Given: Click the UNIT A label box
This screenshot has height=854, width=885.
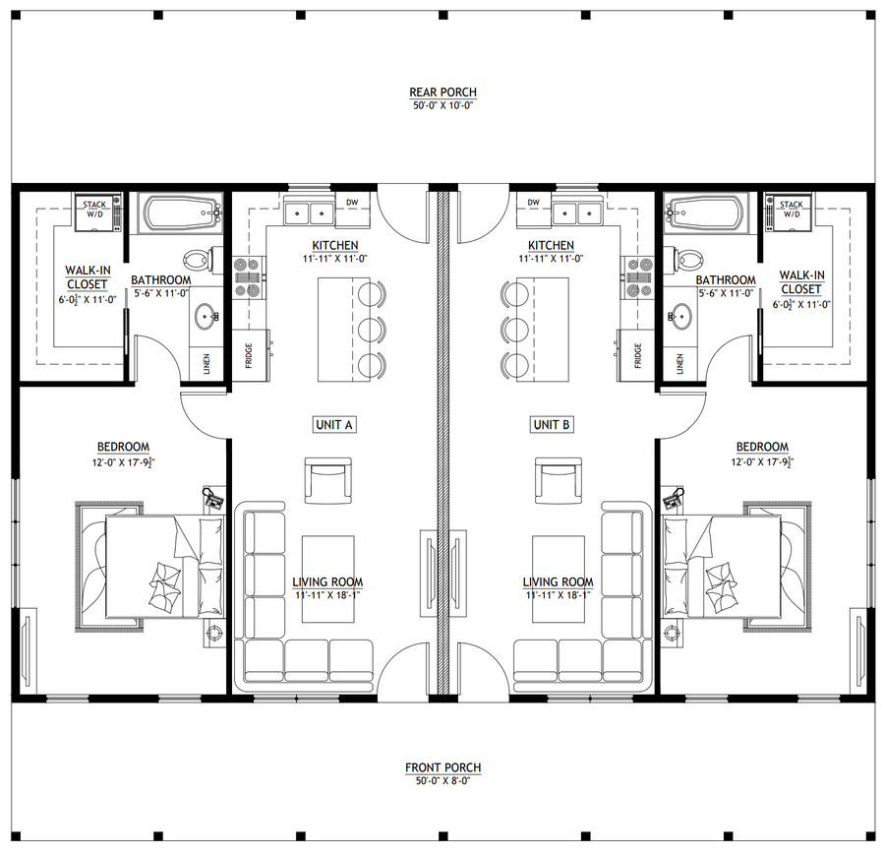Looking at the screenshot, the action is point(334,425).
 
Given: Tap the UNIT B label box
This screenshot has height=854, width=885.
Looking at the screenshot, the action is point(552,425).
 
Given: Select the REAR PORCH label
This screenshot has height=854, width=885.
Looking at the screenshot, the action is point(443,92).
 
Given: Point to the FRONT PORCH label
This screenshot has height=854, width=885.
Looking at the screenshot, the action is point(443,767).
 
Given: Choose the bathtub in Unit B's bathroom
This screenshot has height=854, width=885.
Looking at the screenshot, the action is point(706,213).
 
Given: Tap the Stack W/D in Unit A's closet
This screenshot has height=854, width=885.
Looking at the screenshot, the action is point(97,212).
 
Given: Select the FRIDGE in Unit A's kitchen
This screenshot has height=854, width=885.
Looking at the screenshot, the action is point(250,356).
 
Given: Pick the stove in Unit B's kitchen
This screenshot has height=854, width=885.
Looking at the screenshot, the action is point(638,276).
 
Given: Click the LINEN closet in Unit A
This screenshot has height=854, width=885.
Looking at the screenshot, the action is point(206,364).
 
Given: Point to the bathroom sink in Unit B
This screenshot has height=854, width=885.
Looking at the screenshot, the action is point(679,315).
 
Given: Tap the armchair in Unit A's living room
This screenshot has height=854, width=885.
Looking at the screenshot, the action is point(327,480).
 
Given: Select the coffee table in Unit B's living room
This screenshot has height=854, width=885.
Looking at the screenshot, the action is point(559,579).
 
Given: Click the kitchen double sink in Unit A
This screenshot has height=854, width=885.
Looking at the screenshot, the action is point(310,213).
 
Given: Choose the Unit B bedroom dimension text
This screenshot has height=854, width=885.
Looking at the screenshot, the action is point(762,462).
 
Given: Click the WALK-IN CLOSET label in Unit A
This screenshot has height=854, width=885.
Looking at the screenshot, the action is point(88,277).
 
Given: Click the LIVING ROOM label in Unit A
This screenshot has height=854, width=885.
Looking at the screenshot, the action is point(327,581).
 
